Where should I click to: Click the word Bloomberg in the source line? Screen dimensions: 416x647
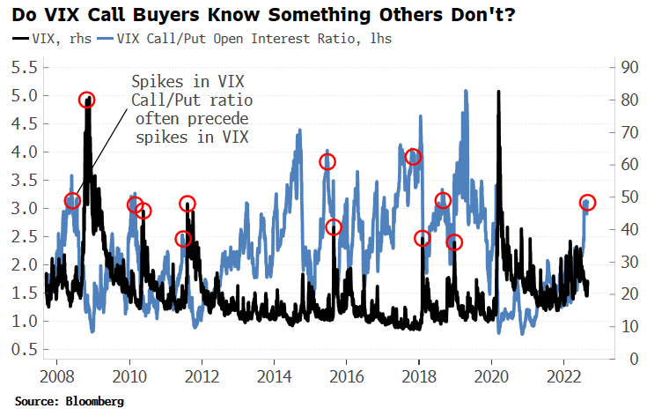pos(93,401)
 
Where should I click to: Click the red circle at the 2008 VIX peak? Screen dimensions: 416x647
pos(86,100)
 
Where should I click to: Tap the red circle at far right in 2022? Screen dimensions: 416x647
pos(588,203)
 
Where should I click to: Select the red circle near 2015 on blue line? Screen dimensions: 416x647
pos(327,161)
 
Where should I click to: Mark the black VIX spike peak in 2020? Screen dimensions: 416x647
pos(499,92)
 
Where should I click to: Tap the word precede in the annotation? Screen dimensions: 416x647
pos(222,119)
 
